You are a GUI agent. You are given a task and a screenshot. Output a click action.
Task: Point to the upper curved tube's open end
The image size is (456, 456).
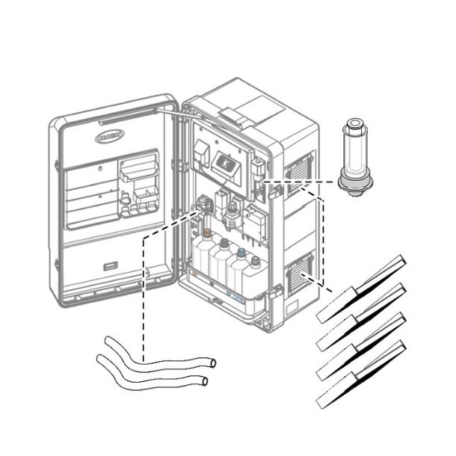click(212, 363)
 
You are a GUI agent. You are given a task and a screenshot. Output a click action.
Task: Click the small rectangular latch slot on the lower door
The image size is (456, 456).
click(109, 267)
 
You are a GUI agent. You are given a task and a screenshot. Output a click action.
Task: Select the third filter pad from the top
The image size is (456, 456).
click(361, 345)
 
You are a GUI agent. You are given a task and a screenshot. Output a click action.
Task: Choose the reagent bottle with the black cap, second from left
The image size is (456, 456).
click(222, 258)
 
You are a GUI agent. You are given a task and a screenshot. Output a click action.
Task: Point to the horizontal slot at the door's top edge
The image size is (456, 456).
click(120, 120)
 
